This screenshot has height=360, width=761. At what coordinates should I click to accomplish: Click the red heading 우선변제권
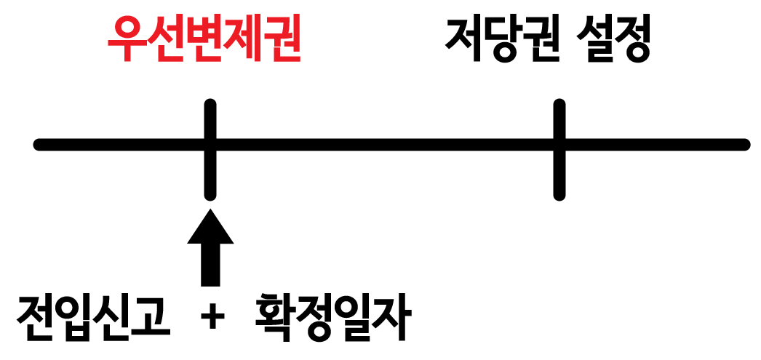tap(203, 41)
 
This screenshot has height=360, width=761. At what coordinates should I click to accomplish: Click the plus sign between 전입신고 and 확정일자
tap(212, 318)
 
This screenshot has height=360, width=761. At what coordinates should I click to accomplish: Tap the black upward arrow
tap(210, 247)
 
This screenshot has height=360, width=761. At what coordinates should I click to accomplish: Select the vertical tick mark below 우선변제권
tap(210, 149)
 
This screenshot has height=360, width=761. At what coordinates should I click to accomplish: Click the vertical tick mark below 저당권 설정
tap(559, 149)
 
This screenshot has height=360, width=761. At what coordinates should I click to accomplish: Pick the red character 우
tap(126, 41)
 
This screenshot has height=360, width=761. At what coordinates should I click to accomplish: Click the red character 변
tap(203, 41)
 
